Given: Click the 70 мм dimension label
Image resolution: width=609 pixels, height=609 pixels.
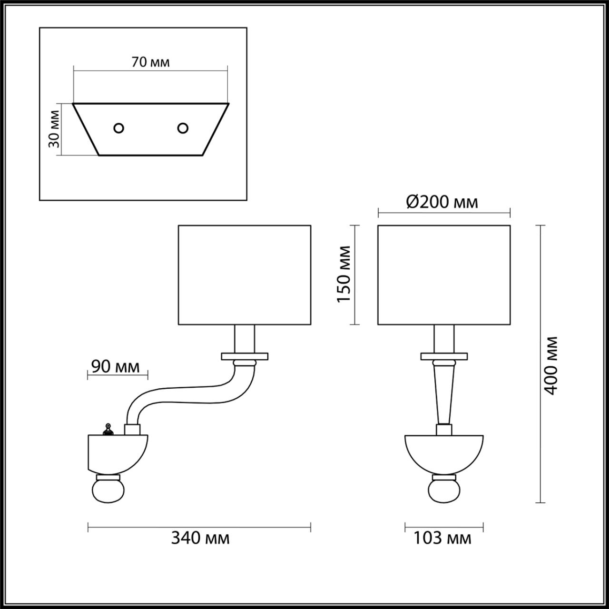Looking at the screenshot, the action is (x=150, y=62).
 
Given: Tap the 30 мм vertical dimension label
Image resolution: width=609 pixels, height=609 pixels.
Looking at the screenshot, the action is (x=54, y=129).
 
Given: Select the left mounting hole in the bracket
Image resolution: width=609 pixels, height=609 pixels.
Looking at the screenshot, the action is (x=118, y=128).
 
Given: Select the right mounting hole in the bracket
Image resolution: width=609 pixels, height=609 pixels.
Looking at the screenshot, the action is (x=183, y=128).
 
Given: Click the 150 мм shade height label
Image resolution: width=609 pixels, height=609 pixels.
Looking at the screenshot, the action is (x=344, y=275).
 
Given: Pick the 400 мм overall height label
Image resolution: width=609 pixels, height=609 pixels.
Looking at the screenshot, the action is (x=550, y=366).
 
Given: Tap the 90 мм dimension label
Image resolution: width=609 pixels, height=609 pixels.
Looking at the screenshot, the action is (x=115, y=366).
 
